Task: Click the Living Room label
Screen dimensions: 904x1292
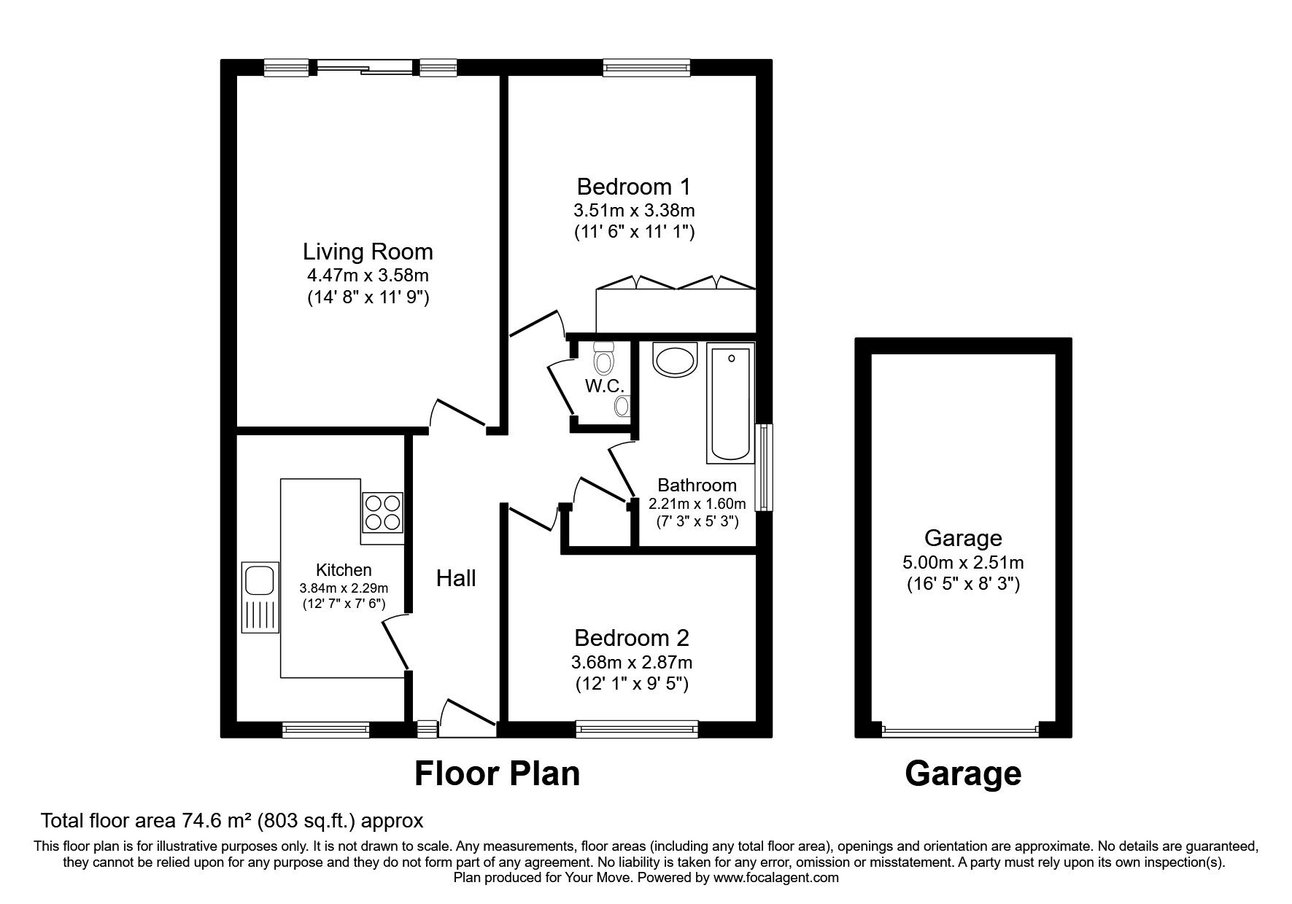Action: tap(368, 252)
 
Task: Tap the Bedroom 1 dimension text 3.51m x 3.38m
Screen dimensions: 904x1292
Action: tap(633, 211)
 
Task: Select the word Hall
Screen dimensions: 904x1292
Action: tap(456, 578)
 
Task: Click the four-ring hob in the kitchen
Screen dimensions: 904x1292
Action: tap(383, 512)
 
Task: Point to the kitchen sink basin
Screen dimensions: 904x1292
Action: tap(258, 581)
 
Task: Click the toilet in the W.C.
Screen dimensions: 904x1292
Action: tap(603, 359)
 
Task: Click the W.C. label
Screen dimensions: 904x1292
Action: tap(604, 386)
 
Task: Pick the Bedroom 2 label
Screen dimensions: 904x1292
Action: tap(632, 638)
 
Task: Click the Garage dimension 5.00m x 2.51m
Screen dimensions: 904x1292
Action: tap(963, 563)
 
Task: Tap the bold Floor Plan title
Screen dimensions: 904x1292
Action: tap(497, 774)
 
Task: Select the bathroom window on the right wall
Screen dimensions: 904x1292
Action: tap(763, 467)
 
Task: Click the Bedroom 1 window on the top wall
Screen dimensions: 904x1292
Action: tap(646, 68)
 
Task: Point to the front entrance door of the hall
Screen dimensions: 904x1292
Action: tap(467, 718)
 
